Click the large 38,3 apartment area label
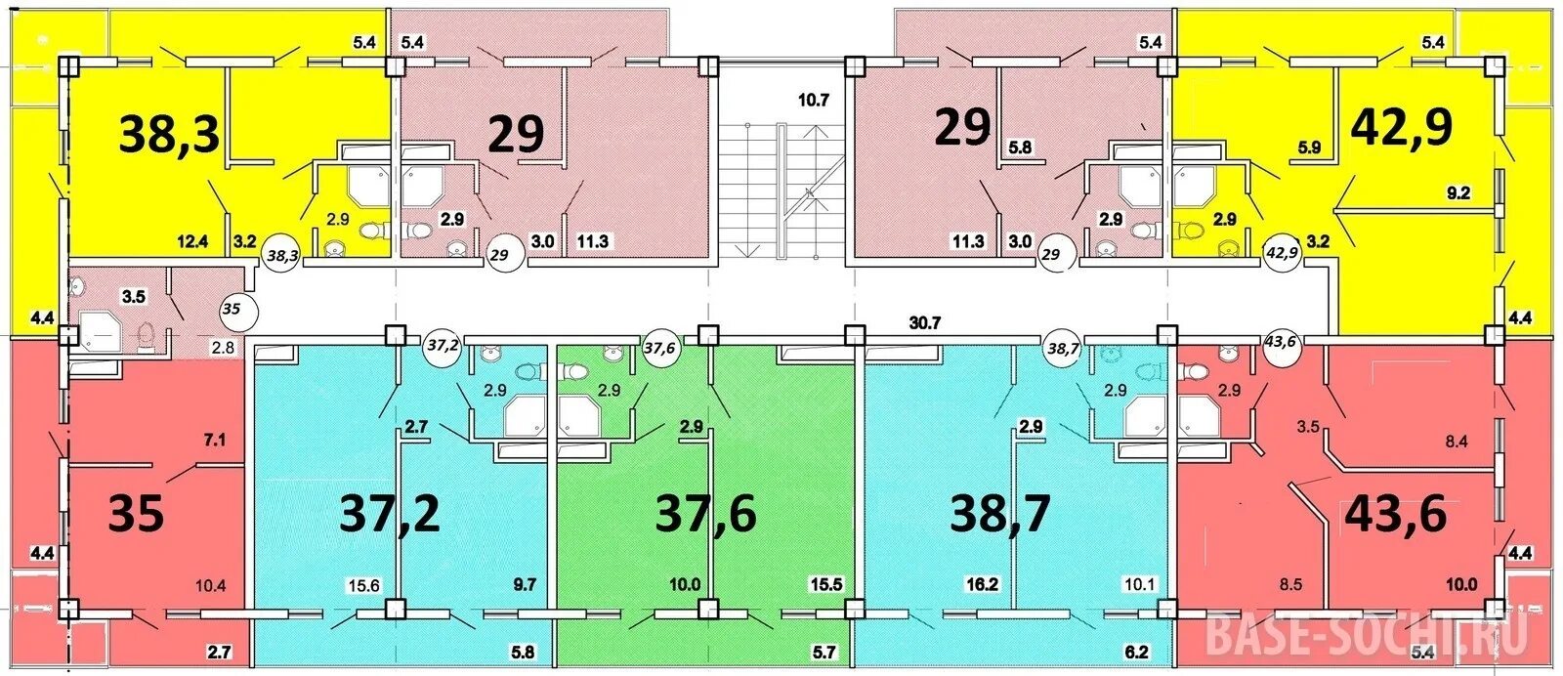(x=170, y=135)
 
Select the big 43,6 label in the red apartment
(x=1396, y=515)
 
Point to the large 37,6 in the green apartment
(x=705, y=515)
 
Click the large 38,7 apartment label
(x=1000, y=515)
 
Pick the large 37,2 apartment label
(x=390, y=515)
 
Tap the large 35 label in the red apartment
(x=136, y=515)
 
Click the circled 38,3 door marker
(x=282, y=256)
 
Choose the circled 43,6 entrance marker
(x=1280, y=342)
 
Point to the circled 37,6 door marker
(x=660, y=347)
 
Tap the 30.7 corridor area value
(x=925, y=323)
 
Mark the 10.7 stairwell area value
(x=814, y=101)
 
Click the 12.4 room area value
(x=192, y=242)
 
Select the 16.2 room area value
(x=982, y=584)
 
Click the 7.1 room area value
(x=214, y=441)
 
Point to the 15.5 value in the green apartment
(x=826, y=584)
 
